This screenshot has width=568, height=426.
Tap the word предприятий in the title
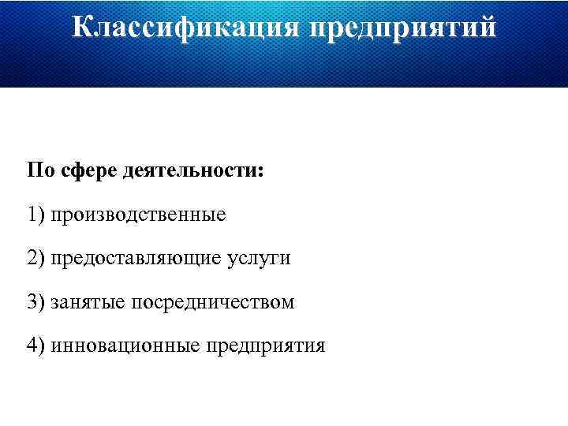click(x=403, y=28)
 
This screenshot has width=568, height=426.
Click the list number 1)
click(x=36, y=215)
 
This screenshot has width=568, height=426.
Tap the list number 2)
click(x=36, y=258)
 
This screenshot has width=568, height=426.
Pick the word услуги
click(x=263, y=259)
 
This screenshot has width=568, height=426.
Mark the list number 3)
click(x=36, y=302)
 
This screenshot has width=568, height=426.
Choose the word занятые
click(x=88, y=303)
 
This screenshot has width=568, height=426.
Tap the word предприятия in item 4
click(x=266, y=346)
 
